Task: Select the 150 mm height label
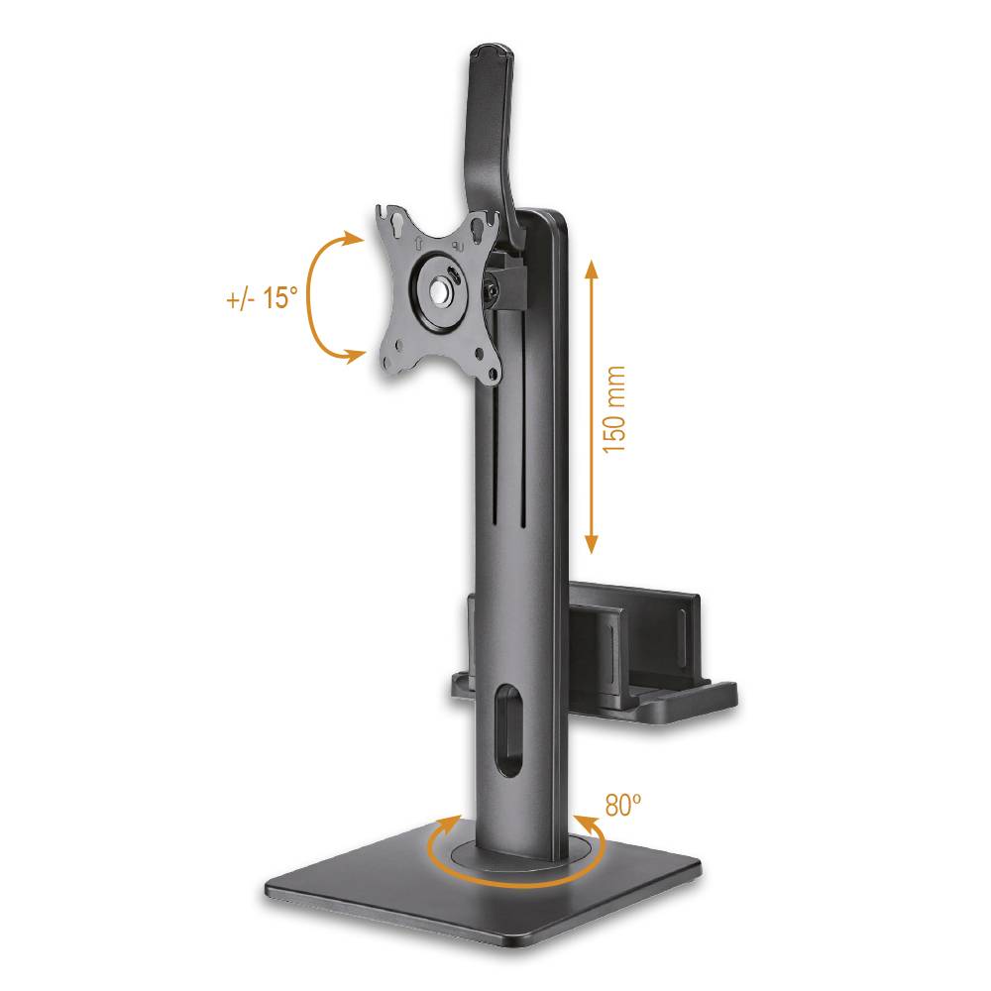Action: pos(615,408)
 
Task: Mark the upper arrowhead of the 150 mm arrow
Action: pos(592,267)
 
